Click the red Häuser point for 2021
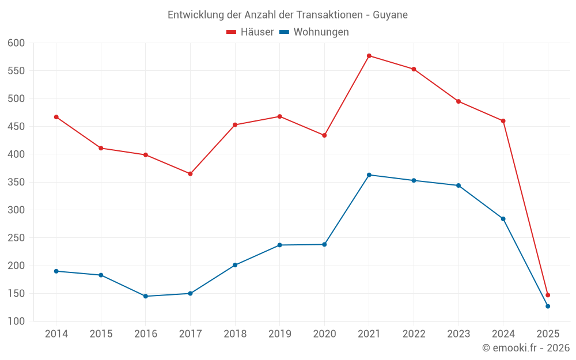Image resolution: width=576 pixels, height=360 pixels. pyautogui.click(x=369, y=56)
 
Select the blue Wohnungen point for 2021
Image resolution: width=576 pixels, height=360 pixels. pyautogui.click(x=369, y=175)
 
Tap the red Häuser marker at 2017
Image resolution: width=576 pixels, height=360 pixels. pyautogui.click(x=190, y=173)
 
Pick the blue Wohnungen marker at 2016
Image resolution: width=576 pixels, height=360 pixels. pyautogui.click(x=146, y=296)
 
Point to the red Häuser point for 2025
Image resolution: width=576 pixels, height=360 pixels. pyautogui.click(x=548, y=295)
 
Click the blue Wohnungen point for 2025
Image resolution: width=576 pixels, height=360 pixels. pyautogui.click(x=548, y=306)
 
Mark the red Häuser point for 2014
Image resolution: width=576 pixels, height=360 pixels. pyautogui.click(x=56, y=117)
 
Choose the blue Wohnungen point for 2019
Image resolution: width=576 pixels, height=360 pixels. pyautogui.click(x=280, y=245)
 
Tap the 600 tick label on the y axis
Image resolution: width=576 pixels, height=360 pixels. pyautogui.click(x=16, y=43)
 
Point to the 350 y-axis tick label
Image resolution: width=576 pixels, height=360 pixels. pyautogui.click(x=16, y=182)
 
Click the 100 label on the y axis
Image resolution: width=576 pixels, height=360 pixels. pyautogui.click(x=16, y=321)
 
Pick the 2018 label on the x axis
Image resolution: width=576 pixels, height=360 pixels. pyautogui.click(x=235, y=334)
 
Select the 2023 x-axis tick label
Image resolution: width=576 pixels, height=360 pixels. pyautogui.click(x=458, y=334)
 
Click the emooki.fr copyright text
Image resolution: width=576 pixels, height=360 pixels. pyautogui.click(x=526, y=348)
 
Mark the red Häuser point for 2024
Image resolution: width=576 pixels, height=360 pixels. pyautogui.click(x=503, y=121)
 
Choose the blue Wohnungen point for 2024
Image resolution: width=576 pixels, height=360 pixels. pyautogui.click(x=503, y=219)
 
